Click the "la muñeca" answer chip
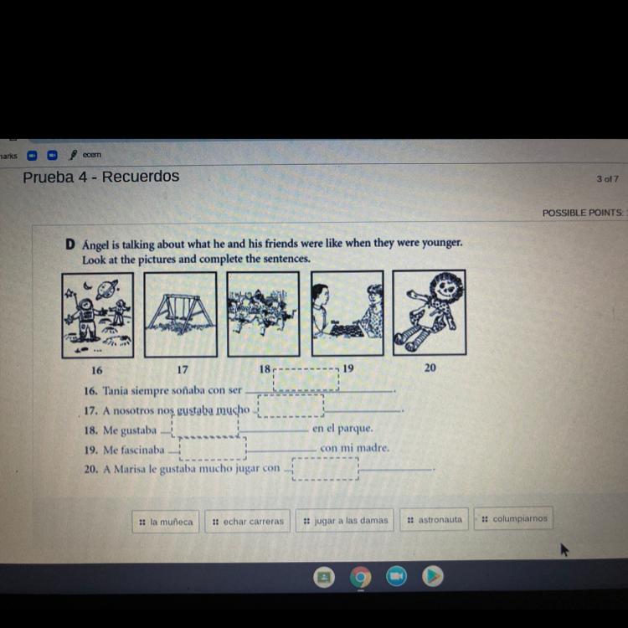(x=166, y=522)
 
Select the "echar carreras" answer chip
(x=248, y=521)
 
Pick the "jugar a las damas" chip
(x=344, y=520)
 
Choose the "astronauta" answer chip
(x=434, y=519)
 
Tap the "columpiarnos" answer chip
(x=513, y=518)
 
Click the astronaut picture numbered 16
(x=98, y=315)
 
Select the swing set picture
(x=181, y=314)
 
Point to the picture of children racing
(x=264, y=314)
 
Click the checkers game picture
(x=347, y=313)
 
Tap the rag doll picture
(x=430, y=312)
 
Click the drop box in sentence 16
(x=306, y=379)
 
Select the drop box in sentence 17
(x=291, y=406)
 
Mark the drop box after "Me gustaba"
(x=205, y=425)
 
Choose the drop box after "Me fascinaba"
(x=213, y=449)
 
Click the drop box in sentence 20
(x=326, y=469)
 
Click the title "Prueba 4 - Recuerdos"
(x=101, y=177)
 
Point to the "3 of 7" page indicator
(x=607, y=179)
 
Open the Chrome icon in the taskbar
(x=360, y=577)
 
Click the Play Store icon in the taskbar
(x=433, y=576)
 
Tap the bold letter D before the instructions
(x=70, y=244)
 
